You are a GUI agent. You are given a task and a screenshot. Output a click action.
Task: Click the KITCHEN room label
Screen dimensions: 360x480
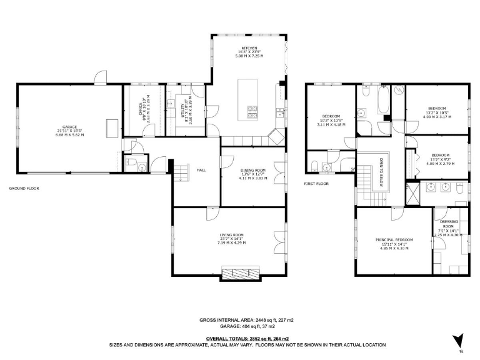point(249,47)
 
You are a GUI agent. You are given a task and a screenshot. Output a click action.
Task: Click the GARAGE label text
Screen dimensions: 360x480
point(69,127)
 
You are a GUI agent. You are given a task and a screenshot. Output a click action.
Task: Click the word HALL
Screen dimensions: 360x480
point(201,169)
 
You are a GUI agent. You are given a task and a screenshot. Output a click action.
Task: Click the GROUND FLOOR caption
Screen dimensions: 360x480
point(24,187)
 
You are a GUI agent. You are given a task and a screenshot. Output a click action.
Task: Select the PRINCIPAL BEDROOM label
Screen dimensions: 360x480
point(394,240)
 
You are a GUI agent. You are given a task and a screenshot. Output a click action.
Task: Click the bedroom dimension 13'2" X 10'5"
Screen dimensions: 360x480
point(436,112)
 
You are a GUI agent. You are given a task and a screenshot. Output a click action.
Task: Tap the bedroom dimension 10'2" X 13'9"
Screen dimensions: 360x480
point(331,121)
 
